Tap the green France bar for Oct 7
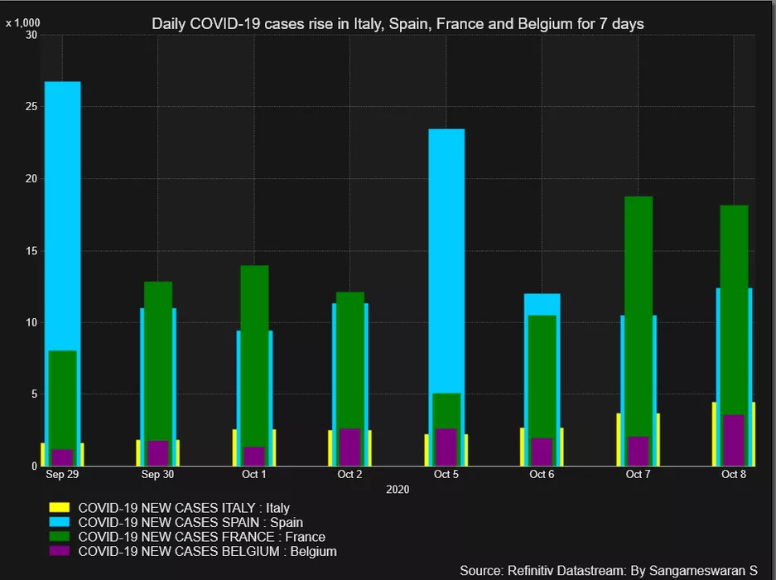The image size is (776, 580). (638, 315)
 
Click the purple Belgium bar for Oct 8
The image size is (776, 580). (734, 440)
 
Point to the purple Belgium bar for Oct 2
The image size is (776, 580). (349, 447)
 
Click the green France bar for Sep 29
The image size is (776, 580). (62, 398)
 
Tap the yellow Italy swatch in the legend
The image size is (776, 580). (60, 508)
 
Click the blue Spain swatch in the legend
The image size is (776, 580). (60, 523)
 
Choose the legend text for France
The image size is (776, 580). (201, 537)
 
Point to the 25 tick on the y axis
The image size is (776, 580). (31, 107)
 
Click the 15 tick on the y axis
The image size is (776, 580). (31, 251)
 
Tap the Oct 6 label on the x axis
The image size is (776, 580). (542, 475)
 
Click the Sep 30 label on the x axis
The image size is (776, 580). (157, 475)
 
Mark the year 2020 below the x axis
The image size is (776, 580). (398, 490)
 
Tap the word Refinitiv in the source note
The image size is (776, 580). (533, 570)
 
